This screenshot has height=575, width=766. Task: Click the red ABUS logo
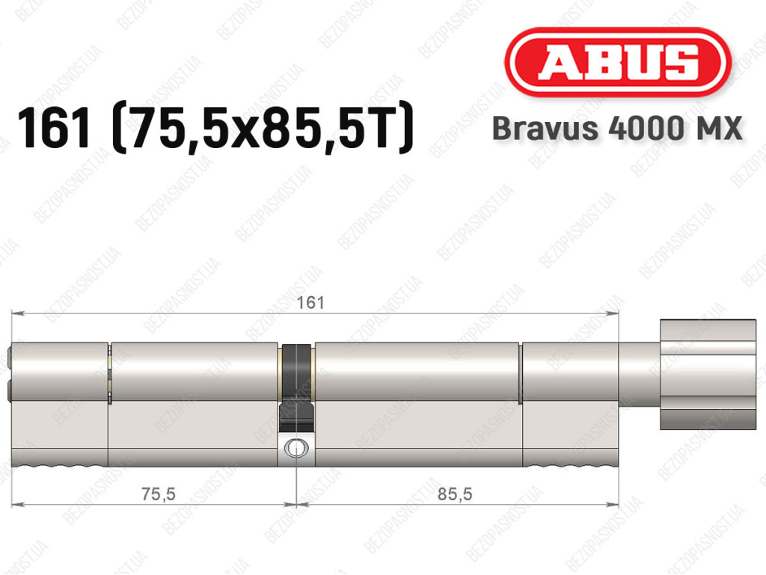(617, 62)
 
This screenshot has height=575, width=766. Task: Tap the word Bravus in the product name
(545, 129)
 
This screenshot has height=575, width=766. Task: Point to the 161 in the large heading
(54, 128)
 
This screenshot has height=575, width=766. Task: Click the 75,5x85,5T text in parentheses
(263, 128)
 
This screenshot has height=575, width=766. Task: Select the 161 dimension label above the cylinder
(310, 303)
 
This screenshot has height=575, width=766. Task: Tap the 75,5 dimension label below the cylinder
(159, 494)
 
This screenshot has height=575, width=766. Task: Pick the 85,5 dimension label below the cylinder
(455, 494)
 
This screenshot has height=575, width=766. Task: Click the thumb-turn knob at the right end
(708, 375)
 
